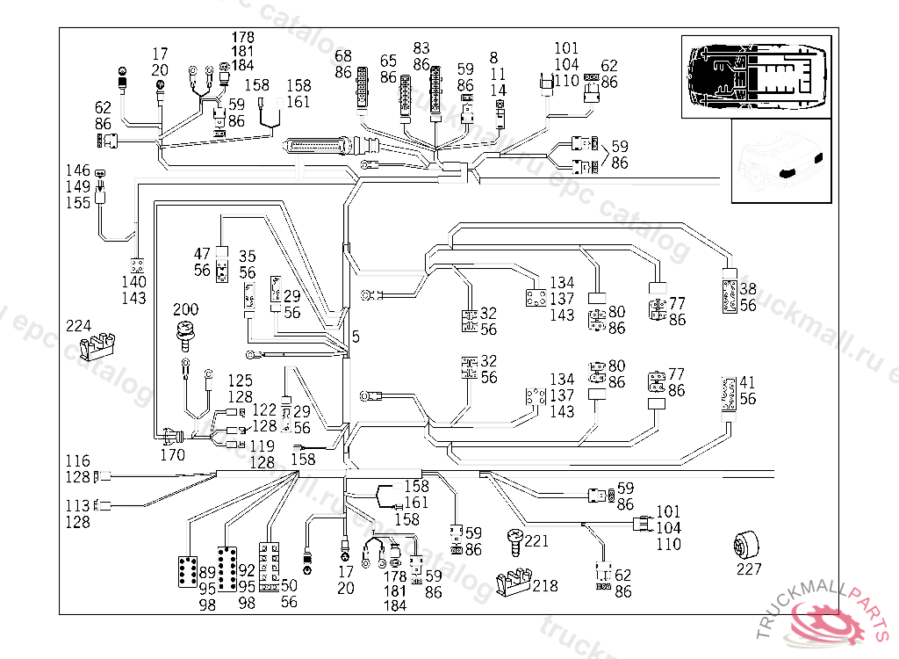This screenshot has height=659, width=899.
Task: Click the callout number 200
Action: (x=185, y=310)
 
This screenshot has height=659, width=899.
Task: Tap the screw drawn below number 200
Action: (x=185, y=332)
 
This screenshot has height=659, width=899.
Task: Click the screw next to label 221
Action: (x=514, y=540)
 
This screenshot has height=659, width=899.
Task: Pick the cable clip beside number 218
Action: (x=514, y=583)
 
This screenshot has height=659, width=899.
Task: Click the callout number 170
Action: (x=172, y=455)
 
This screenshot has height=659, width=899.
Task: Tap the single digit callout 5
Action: (x=356, y=336)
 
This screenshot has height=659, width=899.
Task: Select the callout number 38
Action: (x=748, y=289)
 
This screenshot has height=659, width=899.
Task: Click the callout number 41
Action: (x=748, y=382)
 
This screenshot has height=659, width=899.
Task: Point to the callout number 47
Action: (x=203, y=255)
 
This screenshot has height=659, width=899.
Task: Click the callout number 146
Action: (x=78, y=170)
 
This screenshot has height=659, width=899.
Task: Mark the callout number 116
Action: (x=78, y=461)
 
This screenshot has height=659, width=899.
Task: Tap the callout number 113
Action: (x=78, y=506)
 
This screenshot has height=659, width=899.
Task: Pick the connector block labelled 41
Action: (x=729, y=392)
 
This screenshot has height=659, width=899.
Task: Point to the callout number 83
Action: (x=421, y=47)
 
